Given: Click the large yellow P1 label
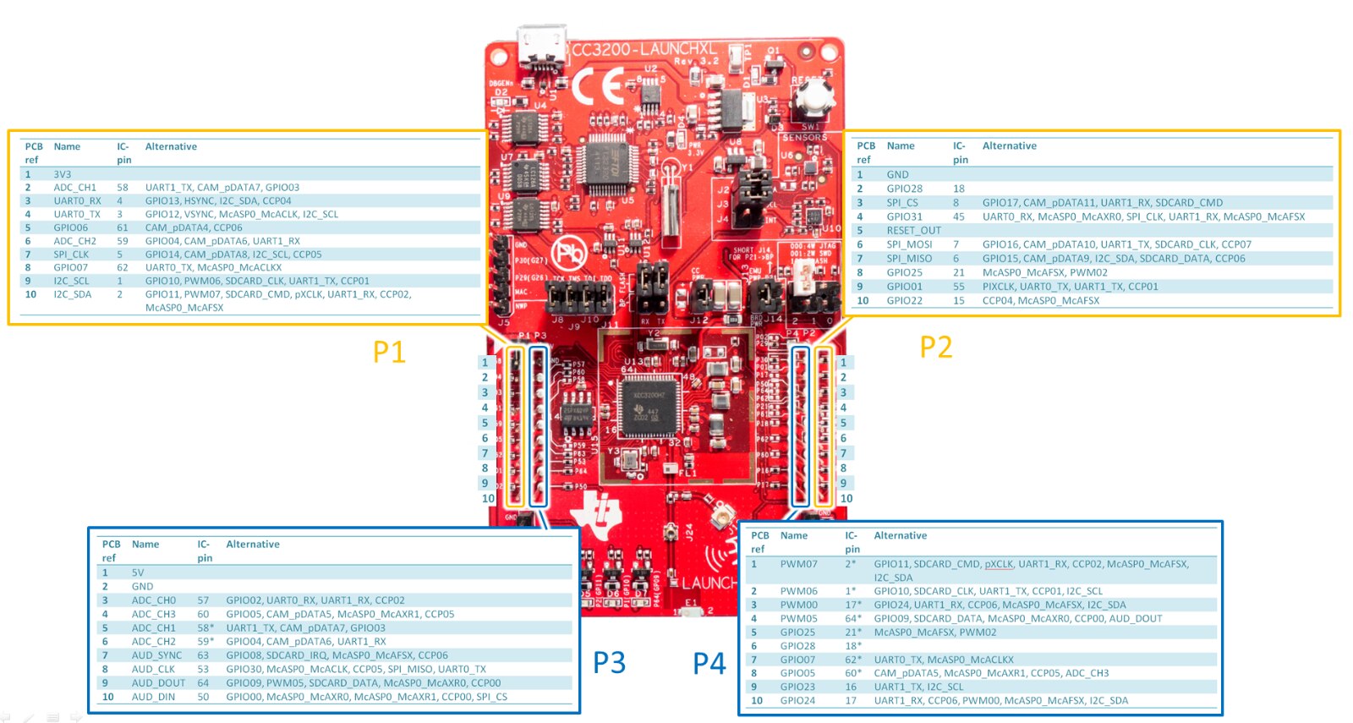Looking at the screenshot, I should tap(389, 352).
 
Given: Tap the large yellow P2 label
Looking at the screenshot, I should tap(935, 348).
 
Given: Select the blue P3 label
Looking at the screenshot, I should tap(609, 663).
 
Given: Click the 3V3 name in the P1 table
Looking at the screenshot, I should tap(63, 174).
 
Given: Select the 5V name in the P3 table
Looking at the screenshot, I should tap(138, 572).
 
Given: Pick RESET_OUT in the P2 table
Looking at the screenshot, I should tap(913, 230).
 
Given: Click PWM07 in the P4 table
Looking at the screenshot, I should tap(798, 564).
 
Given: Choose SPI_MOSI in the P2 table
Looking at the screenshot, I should tap(909, 244).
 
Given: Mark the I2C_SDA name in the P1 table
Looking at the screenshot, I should tap(73, 294).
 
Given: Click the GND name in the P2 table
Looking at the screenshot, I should tap(897, 174).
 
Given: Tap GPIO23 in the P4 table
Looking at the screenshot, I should tap(797, 687).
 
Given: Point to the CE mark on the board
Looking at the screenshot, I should tap(598, 85).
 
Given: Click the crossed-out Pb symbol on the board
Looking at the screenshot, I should tap(569, 252).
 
